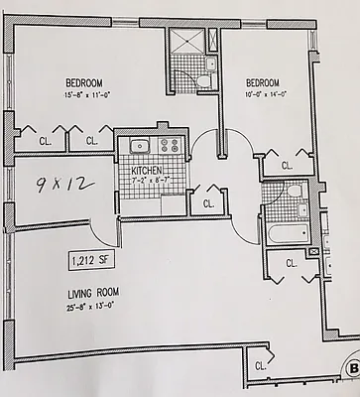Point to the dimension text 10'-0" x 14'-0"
(x=265, y=95)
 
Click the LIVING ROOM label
(x=94, y=295)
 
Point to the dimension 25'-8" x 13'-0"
(x=93, y=307)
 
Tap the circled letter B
(x=353, y=371)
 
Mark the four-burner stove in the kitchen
(x=167, y=147)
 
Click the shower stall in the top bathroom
(x=186, y=43)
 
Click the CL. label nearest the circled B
(x=261, y=365)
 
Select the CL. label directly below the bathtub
(x=292, y=263)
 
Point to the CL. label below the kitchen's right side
(x=208, y=202)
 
